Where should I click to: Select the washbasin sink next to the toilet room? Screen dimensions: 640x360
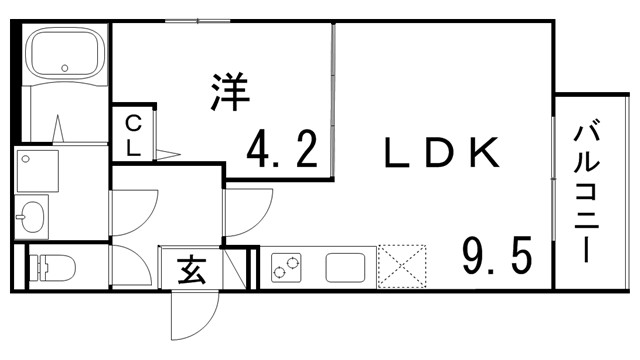[x=33, y=215]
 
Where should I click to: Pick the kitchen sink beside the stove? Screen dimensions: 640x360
[x=346, y=267]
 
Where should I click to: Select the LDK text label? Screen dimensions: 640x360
[x=440, y=152]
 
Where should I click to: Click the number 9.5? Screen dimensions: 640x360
[x=495, y=259]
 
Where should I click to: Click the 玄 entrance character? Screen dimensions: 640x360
[x=191, y=269]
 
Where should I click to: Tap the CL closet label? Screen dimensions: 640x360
[x=132, y=136]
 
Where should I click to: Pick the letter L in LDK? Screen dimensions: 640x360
[x=396, y=152]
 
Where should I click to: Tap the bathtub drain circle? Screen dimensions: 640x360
[x=67, y=68]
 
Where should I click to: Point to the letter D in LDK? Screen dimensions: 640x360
[x=439, y=152]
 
